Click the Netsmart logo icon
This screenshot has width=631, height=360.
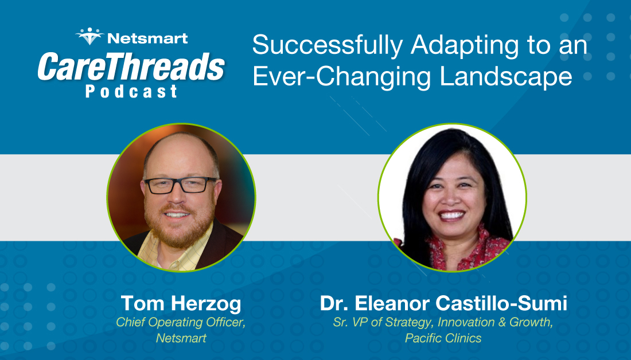[x=89, y=36]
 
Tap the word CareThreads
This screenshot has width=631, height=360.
[x=131, y=67]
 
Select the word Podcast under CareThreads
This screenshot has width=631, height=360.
[x=131, y=91]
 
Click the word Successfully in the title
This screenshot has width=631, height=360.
[x=328, y=45]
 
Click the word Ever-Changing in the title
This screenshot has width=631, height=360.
[x=343, y=76]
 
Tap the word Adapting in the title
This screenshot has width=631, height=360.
[x=465, y=45]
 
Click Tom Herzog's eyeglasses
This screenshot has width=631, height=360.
[x=181, y=185]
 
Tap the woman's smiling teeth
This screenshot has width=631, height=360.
[x=451, y=215]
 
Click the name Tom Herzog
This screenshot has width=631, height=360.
[x=181, y=303]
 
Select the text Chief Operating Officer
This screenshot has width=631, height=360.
[x=181, y=322]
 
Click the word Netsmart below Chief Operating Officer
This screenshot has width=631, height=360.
[x=181, y=338]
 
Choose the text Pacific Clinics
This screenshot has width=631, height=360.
[x=443, y=338]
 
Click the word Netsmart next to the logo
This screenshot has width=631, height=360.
[x=147, y=38]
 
